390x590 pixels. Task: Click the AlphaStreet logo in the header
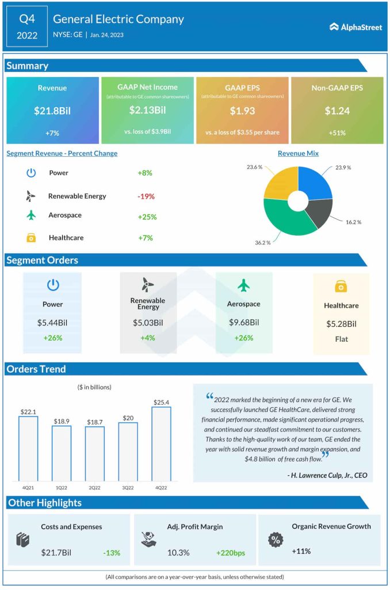(355, 27)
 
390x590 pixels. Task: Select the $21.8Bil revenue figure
(52, 110)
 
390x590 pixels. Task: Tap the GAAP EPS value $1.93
(242, 110)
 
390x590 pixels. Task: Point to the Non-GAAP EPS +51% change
(337, 133)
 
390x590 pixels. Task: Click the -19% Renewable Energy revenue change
(146, 196)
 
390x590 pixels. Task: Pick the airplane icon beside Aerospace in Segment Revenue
(31, 215)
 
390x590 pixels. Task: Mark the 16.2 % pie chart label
(353, 221)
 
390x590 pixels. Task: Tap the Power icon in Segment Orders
(52, 285)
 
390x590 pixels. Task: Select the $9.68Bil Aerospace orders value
(244, 323)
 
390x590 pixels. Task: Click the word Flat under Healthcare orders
(342, 339)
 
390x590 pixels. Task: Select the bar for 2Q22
(95, 453)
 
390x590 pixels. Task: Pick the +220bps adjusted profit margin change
(231, 553)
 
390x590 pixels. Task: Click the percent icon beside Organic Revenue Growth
(276, 540)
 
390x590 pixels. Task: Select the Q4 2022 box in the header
(27, 27)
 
